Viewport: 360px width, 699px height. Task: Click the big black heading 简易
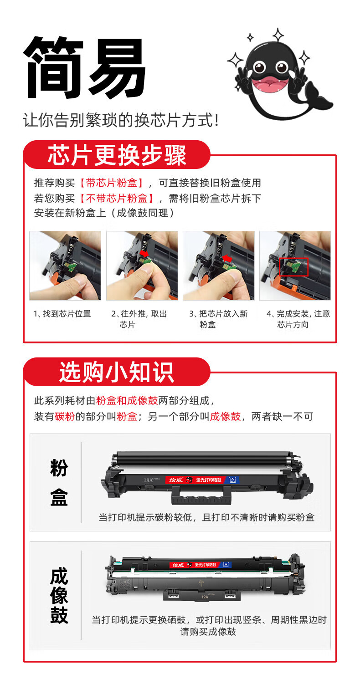click(x=84, y=68)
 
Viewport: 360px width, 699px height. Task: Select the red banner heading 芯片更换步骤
click(x=117, y=155)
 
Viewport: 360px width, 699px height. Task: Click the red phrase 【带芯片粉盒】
click(x=112, y=183)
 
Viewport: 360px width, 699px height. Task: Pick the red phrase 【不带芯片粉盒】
click(x=117, y=198)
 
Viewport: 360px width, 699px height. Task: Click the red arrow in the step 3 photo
click(x=227, y=258)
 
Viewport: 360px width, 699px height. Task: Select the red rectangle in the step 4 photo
click(x=294, y=267)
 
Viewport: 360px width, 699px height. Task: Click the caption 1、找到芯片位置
click(x=62, y=314)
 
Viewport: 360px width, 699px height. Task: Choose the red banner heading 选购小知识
click(x=117, y=372)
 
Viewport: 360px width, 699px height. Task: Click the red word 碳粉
click(x=65, y=416)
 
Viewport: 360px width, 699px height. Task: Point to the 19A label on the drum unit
click(x=205, y=597)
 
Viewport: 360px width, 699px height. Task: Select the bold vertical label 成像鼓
click(x=59, y=595)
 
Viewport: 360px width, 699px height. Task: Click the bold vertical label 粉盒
click(x=59, y=482)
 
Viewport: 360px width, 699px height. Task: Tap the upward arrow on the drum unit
click(x=201, y=582)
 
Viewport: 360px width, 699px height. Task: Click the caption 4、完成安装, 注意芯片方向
click(x=298, y=319)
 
